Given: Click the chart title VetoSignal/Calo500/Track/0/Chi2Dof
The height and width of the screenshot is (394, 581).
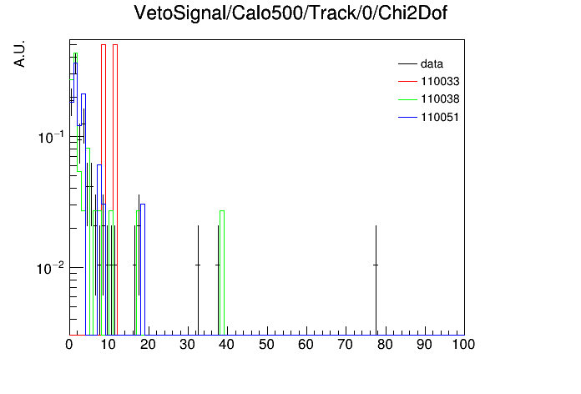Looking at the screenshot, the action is click(x=290, y=13).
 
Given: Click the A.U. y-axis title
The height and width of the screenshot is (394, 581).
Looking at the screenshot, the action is click(x=19, y=53).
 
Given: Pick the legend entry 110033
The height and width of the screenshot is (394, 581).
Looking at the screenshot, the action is click(x=429, y=81).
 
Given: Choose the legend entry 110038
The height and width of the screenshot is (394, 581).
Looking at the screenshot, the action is click(x=429, y=99).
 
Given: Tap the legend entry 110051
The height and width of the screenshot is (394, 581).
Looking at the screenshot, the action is click(x=429, y=117).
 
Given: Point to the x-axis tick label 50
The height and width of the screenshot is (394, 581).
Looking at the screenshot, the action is click(x=266, y=345).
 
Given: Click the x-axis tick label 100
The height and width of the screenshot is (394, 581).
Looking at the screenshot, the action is click(x=463, y=345).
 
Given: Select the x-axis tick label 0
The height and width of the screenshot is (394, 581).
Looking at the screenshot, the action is click(x=69, y=345).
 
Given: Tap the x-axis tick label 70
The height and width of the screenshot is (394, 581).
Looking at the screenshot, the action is click(x=345, y=345).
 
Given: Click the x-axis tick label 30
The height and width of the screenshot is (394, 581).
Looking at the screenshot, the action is click(x=187, y=345).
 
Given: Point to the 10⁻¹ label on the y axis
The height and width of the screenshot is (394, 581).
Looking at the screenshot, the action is click(x=51, y=137).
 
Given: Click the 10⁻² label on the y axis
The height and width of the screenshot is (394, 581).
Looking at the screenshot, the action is click(x=51, y=268).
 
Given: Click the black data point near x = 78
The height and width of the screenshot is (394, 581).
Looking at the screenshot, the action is click(x=376, y=265).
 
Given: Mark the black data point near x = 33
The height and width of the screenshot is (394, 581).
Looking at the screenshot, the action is click(x=198, y=265).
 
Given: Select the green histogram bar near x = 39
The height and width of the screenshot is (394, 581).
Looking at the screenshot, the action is click(x=222, y=211).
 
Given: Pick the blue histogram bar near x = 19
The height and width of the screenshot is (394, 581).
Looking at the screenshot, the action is click(x=143, y=205).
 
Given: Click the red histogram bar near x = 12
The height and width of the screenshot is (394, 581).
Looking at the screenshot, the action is click(x=115, y=45).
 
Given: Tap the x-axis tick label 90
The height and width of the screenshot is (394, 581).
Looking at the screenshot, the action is click(x=424, y=345).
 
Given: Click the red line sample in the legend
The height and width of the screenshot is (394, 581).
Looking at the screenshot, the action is click(x=407, y=81).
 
